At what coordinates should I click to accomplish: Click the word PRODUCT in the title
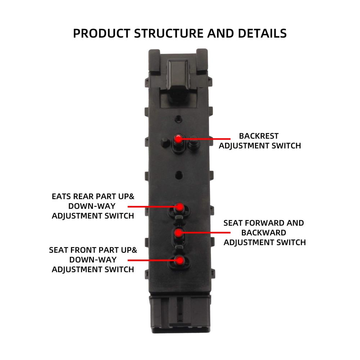coord(102,33)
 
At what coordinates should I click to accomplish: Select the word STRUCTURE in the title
coord(169,33)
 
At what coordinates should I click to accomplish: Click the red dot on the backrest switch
coord(178,139)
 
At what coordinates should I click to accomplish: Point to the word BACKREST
coord(259,136)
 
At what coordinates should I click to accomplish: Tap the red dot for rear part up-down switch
coord(180,207)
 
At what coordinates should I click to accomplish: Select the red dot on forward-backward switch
coord(178,233)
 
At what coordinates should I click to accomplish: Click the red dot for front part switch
coord(180,260)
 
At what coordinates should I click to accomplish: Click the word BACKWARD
coord(264,233)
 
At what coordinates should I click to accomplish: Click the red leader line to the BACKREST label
coord(204,139)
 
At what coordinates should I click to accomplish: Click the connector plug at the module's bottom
coord(180,314)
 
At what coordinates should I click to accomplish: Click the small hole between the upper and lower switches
coord(179,175)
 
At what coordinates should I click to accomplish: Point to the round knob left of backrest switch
coord(165,142)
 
